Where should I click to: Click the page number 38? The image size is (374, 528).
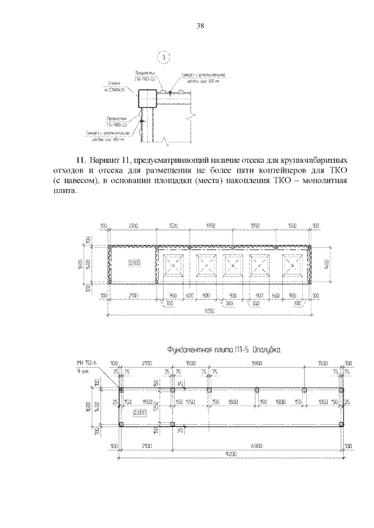[200, 26]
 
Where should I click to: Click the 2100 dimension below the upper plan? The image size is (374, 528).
[134, 296]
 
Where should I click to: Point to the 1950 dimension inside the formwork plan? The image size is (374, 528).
[147, 401]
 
